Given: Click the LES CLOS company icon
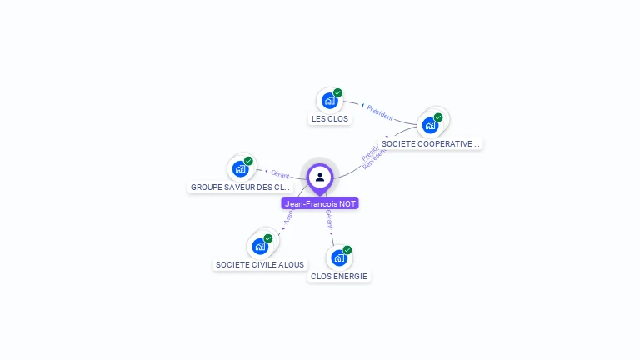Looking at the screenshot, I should point(329,101).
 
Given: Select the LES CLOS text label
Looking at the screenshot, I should point(330,119).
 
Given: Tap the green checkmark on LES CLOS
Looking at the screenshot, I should point(337,92).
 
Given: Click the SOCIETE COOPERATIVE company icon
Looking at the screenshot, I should point(430,125).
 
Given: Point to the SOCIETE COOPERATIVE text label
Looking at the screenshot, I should point(431,143).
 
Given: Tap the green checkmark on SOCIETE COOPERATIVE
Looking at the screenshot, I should point(438,117).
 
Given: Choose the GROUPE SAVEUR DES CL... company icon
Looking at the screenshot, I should point(241,168).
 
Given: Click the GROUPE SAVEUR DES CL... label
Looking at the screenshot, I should point(240,187).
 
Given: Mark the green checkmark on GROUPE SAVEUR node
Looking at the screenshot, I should point(248,161).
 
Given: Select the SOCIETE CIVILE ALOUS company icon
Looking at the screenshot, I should point(260,246).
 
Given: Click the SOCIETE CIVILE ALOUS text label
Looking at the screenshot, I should point(260,264).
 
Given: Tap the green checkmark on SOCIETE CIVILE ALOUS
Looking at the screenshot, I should point(267,238).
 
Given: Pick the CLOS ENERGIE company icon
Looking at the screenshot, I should point(338,257).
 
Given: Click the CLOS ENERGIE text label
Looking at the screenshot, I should point(339,276).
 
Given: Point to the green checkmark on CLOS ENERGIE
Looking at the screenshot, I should point(347,250).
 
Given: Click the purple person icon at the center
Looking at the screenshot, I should point(320,177).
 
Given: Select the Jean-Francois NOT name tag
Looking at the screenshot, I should point(320,203).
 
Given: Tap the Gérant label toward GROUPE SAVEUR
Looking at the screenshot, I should point(280,173).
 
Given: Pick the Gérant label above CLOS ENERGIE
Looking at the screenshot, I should point(329,220).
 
